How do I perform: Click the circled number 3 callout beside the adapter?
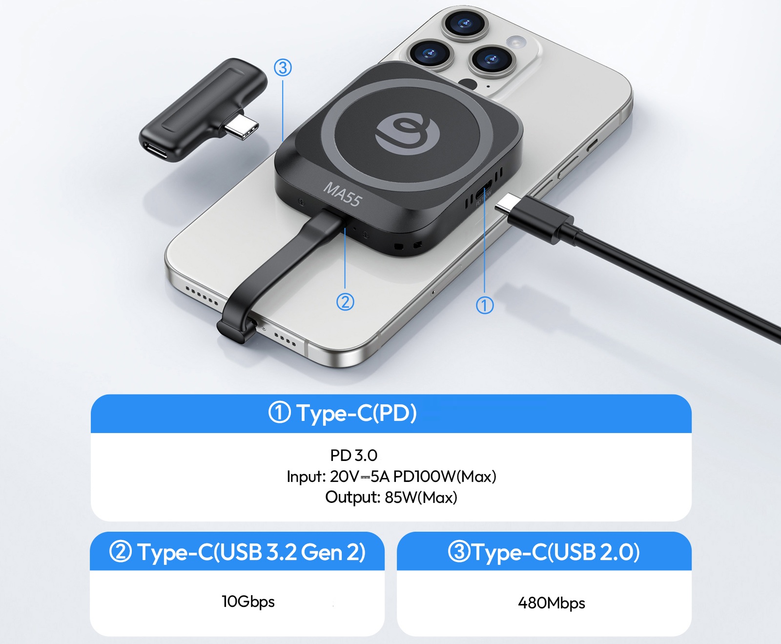pyautogui.click(x=283, y=67)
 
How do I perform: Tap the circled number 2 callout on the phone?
pyautogui.click(x=345, y=302)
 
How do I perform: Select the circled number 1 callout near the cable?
pyautogui.click(x=485, y=305)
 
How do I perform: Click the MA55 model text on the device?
pyautogui.click(x=343, y=194)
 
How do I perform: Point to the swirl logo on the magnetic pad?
pyautogui.click(x=408, y=134)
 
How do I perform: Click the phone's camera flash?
pyautogui.click(x=516, y=42)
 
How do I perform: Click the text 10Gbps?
pyautogui.click(x=248, y=602)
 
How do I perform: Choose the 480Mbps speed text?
pyautogui.click(x=552, y=603)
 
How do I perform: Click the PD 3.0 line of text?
pyautogui.click(x=353, y=455)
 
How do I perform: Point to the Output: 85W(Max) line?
pyautogui.click(x=391, y=498)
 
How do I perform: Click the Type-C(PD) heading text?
pyautogui.click(x=357, y=413)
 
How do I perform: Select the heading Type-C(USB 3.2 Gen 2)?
pyautogui.click(x=251, y=552)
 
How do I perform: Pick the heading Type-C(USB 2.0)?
pyautogui.click(x=556, y=552)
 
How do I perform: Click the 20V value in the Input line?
pyautogui.click(x=344, y=476)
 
